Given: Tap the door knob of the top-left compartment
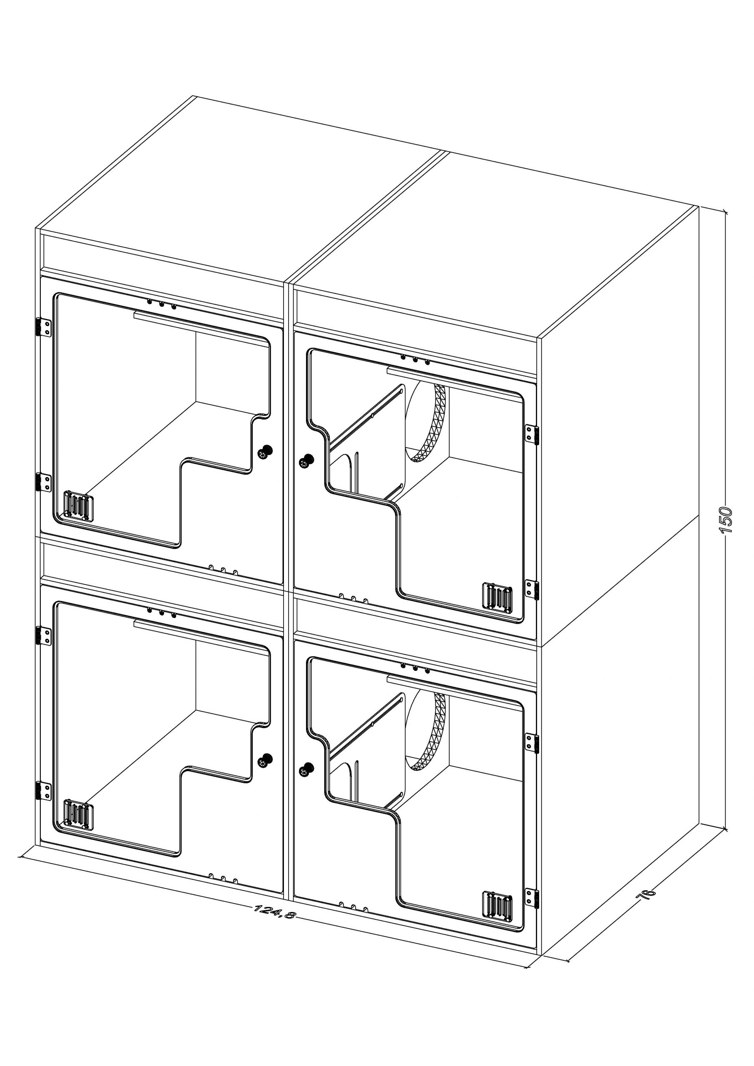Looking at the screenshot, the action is point(265,451).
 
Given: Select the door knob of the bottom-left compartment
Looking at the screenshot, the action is point(265,760).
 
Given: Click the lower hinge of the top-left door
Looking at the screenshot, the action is point(44,482).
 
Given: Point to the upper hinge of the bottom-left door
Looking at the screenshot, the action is point(44,635).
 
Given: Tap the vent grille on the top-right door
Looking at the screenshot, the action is point(497,597).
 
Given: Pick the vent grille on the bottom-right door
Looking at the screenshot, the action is point(497,906).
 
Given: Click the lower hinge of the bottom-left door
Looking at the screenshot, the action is point(44,791).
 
